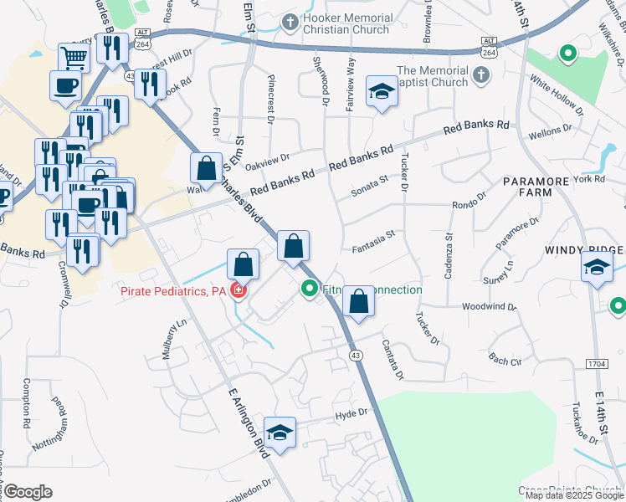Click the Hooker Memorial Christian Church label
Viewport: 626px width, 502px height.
(348, 23)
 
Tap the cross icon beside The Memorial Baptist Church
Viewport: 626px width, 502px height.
(480, 76)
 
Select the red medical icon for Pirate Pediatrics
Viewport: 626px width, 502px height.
(239, 290)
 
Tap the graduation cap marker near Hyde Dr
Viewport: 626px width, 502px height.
(280, 433)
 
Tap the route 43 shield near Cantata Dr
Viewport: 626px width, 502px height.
(357, 356)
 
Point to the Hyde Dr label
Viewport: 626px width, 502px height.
(351, 413)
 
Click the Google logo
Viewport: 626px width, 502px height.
(28, 492)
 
